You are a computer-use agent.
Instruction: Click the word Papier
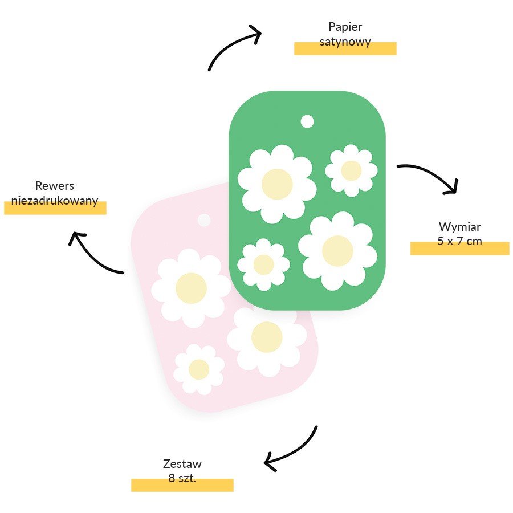coord(345,27)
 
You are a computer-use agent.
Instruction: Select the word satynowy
coord(345,42)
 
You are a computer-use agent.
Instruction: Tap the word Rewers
coord(55,186)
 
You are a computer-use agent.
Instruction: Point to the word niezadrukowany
coord(55,201)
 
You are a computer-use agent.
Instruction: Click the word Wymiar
coord(459,227)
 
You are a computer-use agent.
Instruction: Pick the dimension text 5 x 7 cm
coord(459,242)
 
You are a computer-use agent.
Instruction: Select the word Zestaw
coord(182,464)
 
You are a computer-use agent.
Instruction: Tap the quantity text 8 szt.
coord(182,478)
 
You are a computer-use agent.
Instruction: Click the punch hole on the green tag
coord(307,121)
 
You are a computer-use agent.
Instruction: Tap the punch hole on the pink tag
coord(204,220)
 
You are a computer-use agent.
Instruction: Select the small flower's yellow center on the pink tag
coord(199,369)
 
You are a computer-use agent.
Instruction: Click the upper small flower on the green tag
coord(351,170)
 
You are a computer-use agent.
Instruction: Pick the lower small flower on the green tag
coord(264,264)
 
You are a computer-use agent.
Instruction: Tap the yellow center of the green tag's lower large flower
coord(337,251)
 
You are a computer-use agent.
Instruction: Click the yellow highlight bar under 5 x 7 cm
coord(459,249)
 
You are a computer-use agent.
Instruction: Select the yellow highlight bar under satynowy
coord(345,49)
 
